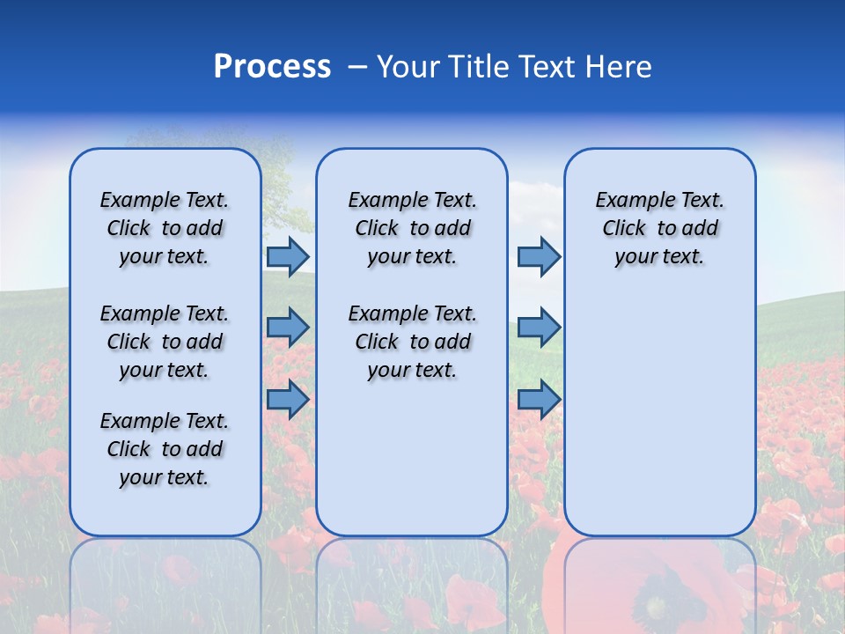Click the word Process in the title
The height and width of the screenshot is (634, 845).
(272, 67)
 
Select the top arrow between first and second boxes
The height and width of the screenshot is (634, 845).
(288, 256)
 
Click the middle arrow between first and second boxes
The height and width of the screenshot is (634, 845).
(288, 328)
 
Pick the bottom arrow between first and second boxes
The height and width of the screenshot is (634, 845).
(288, 399)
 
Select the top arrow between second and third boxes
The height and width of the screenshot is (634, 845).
(539, 256)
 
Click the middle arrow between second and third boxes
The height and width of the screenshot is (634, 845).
(539, 328)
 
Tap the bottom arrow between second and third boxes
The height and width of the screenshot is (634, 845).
(539, 399)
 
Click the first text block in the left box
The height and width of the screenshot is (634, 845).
(165, 228)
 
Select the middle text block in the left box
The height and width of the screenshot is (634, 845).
(165, 342)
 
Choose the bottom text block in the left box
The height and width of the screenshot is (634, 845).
(165, 449)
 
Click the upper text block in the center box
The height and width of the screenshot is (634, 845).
(412, 228)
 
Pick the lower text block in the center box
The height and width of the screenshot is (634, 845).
(412, 342)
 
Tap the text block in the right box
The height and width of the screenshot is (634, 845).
(659, 228)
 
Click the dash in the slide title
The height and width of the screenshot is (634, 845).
(357, 68)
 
